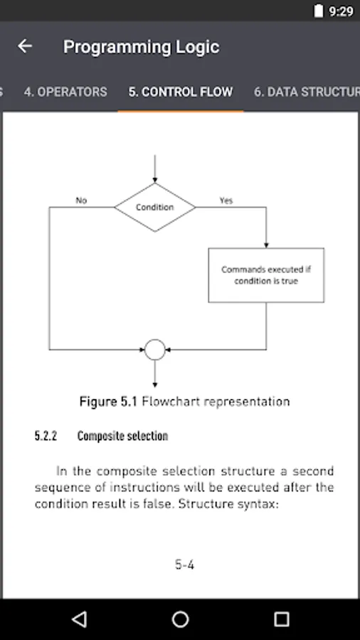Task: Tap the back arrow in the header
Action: (x=25, y=46)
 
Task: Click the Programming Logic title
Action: (x=141, y=47)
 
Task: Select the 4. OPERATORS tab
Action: (x=65, y=92)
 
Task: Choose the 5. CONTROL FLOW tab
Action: (x=181, y=92)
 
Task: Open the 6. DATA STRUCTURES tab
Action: (x=307, y=92)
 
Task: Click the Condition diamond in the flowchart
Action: (x=154, y=207)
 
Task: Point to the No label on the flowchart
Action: (x=81, y=201)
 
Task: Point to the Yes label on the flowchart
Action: (x=226, y=201)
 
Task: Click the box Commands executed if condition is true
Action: (x=266, y=275)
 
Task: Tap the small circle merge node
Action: (x=154, y=349)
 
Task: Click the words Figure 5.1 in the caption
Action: (x=108, y=402)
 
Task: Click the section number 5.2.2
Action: (x=46, y=436)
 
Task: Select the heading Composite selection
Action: (x=122, y=436)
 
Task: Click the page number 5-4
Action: (x=184, y=565)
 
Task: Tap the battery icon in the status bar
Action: (x=318, y=11)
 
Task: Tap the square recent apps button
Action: (x=282, y=619)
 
